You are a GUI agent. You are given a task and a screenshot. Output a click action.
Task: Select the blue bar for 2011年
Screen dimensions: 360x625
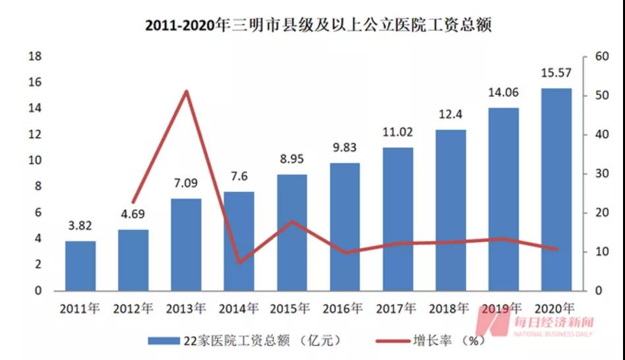click(80, 266)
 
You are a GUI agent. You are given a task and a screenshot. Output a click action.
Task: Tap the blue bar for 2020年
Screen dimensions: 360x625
click(556, 190)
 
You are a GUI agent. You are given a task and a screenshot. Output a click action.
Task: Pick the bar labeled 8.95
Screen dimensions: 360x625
click(291, 233)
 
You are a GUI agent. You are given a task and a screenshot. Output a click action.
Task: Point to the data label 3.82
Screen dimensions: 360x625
click(80, 226)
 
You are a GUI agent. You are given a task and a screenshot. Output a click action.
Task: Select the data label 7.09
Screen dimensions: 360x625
click(186, 183)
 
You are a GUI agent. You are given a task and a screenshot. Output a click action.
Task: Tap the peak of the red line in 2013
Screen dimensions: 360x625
click(187, 91)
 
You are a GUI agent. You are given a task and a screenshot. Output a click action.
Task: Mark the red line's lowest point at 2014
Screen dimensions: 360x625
click(239, 262)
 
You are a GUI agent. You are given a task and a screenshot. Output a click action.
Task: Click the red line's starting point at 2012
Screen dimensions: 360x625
click(133, 202)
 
